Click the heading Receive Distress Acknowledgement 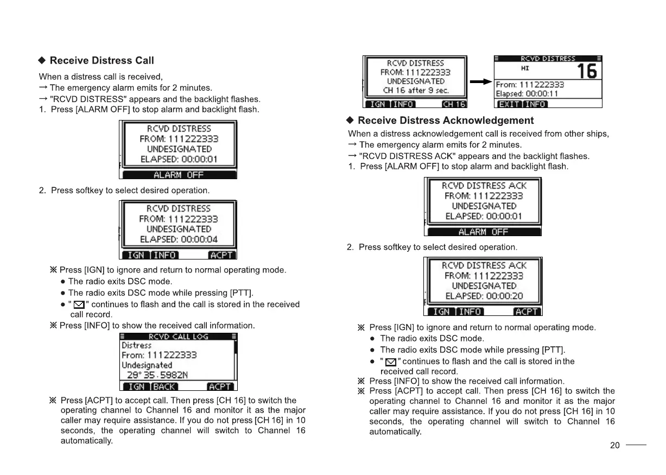tap(445, 121)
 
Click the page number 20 tap(614, 446)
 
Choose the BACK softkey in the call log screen tap(164, 387)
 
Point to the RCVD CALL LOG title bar tap(178, 337)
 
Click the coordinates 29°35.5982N tap(157, 375)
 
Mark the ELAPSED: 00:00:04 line tap(179, 239)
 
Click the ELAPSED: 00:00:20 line tap(484, 296)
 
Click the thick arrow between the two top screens tap(480, 82)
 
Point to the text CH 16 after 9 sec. tap(415, 91)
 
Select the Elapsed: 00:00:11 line tap(523, 93)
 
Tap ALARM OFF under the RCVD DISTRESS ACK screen tap(483, 232)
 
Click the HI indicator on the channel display tap(525, 68)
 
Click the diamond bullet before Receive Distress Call tap(42, 60)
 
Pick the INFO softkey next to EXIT tap(535, 104)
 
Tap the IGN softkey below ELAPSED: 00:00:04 tap(136, 255)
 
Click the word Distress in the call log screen tap(136, 346)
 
